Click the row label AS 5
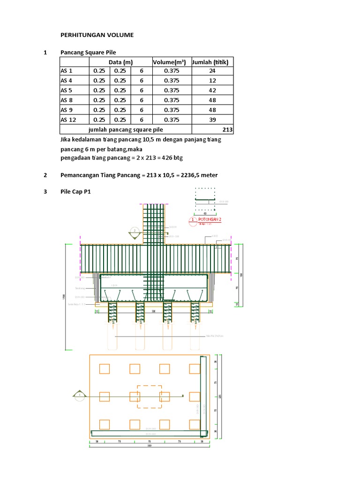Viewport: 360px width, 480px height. [x=66, y=90]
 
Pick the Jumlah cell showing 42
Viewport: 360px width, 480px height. [x=212, y=90]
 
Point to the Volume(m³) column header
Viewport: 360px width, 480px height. [x=169, y=62]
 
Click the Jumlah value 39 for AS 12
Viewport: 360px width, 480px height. [x=212, y=120]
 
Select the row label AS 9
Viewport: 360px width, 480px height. [x=66, y=110]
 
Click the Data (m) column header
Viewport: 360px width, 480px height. [x=120, y=62]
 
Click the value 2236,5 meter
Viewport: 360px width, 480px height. [x=199, y=175]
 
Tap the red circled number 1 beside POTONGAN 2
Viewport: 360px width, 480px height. [x=192, y=220]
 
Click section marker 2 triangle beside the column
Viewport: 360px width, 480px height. [x=135, y=232]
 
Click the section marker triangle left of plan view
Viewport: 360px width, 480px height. [x=79, y=396]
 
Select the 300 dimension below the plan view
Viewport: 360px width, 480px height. [x=149, y=446]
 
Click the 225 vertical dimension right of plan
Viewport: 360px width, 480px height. [x=219, y=396]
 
